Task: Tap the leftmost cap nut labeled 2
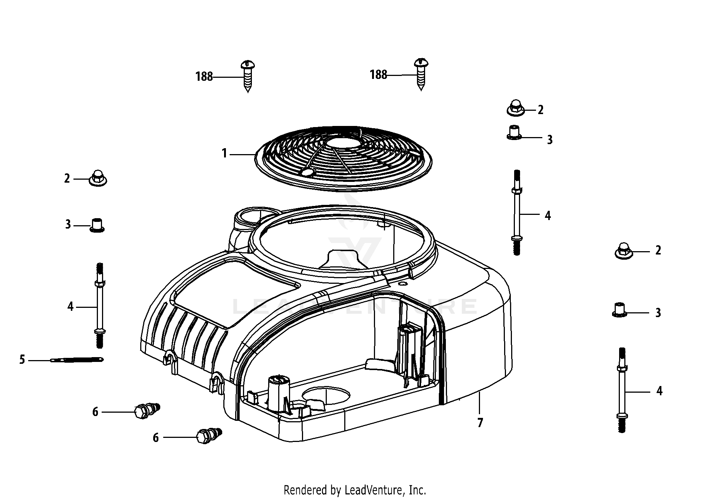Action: point(98,179)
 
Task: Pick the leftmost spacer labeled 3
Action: point(97,225)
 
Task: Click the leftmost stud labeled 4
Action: point(99,306)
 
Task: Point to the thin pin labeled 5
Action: point(77,359)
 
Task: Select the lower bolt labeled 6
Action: point(208,436)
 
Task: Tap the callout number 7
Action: point(480,423)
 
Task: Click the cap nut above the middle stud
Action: point(515,108)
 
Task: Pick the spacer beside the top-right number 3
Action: point(514,133)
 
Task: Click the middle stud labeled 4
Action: point(516,213)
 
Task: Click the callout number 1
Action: point(224,153)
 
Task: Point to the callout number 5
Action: point(22,360)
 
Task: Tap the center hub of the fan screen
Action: point(343,143)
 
